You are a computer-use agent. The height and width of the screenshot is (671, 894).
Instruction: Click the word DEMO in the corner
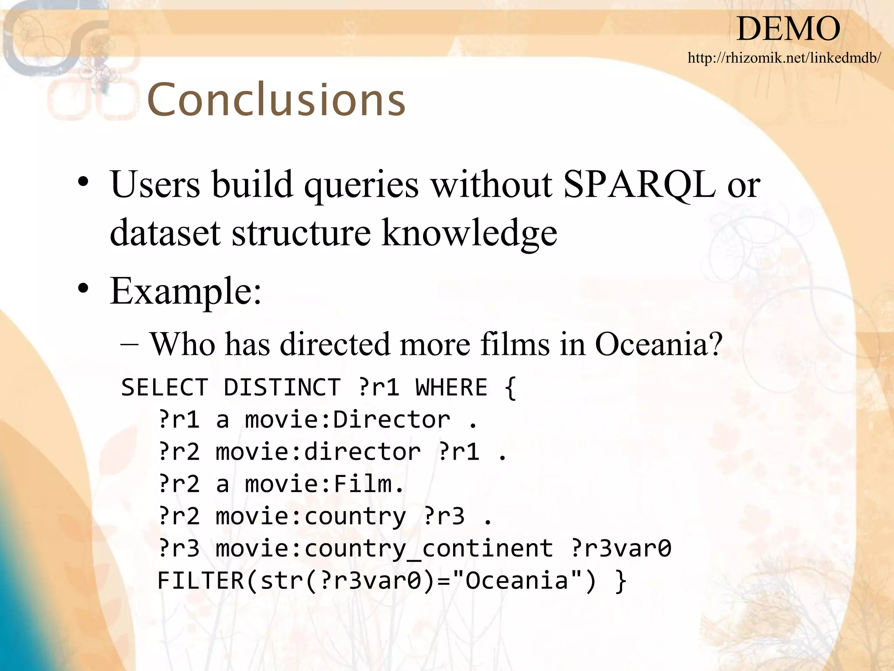pos(788,29)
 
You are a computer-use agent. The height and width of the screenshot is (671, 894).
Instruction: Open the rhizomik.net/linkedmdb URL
pos(784,58)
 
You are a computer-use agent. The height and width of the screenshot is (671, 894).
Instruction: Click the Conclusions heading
pos(276,100)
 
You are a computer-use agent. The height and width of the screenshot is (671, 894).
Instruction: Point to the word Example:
pos(186,291)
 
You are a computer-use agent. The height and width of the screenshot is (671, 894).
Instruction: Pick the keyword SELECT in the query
pos(165,387)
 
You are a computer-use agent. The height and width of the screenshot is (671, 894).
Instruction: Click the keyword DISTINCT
pos(282,387)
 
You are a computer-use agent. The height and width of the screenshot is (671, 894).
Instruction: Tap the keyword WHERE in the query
pos(451,387)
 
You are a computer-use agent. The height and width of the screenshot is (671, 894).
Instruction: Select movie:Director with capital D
pos(347,420)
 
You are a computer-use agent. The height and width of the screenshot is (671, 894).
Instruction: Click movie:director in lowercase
pos(319,452)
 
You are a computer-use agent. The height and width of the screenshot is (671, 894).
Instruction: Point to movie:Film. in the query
pos(325,484)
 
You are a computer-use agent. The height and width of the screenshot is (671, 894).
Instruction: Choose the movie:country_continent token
pos(384,549)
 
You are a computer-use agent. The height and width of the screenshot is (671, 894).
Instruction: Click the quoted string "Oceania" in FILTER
pos(517,581)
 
